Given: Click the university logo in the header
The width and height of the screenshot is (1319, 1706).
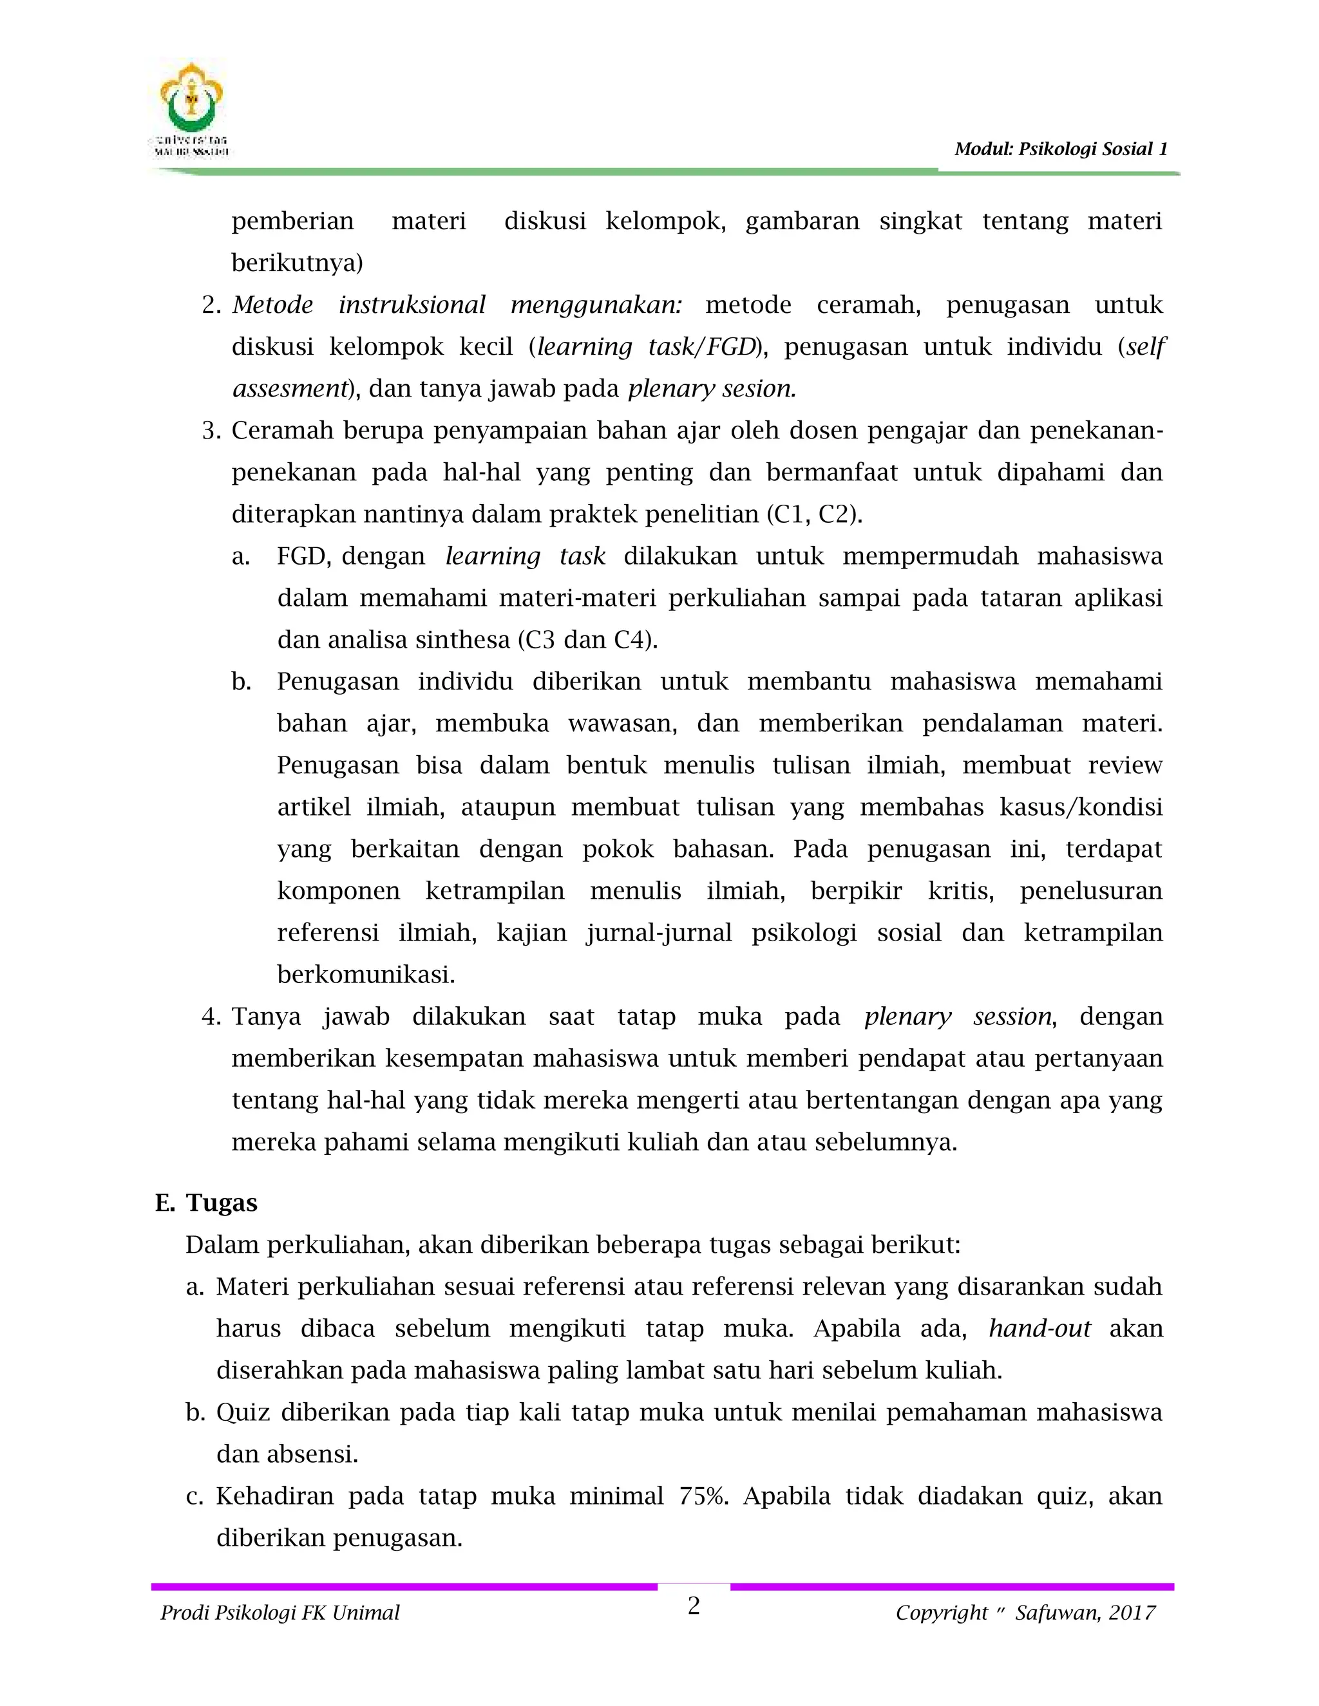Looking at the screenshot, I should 191,109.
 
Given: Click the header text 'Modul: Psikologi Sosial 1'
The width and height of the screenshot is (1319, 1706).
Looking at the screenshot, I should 1060,149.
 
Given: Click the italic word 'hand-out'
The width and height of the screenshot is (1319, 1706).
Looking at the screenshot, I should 1039,1328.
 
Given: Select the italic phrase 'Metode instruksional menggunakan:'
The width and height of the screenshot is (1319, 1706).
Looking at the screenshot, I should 457,305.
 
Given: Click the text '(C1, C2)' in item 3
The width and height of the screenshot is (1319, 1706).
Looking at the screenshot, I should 815,515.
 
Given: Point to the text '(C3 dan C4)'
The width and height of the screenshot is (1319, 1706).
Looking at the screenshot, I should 587,640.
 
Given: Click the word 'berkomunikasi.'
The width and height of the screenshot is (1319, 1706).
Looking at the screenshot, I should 366,975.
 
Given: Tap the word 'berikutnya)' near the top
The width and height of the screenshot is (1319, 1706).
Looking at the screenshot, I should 297,263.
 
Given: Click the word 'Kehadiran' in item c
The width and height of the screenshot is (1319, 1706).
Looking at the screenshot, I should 272,1496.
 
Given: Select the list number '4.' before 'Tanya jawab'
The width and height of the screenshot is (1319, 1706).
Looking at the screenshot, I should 212,1017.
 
